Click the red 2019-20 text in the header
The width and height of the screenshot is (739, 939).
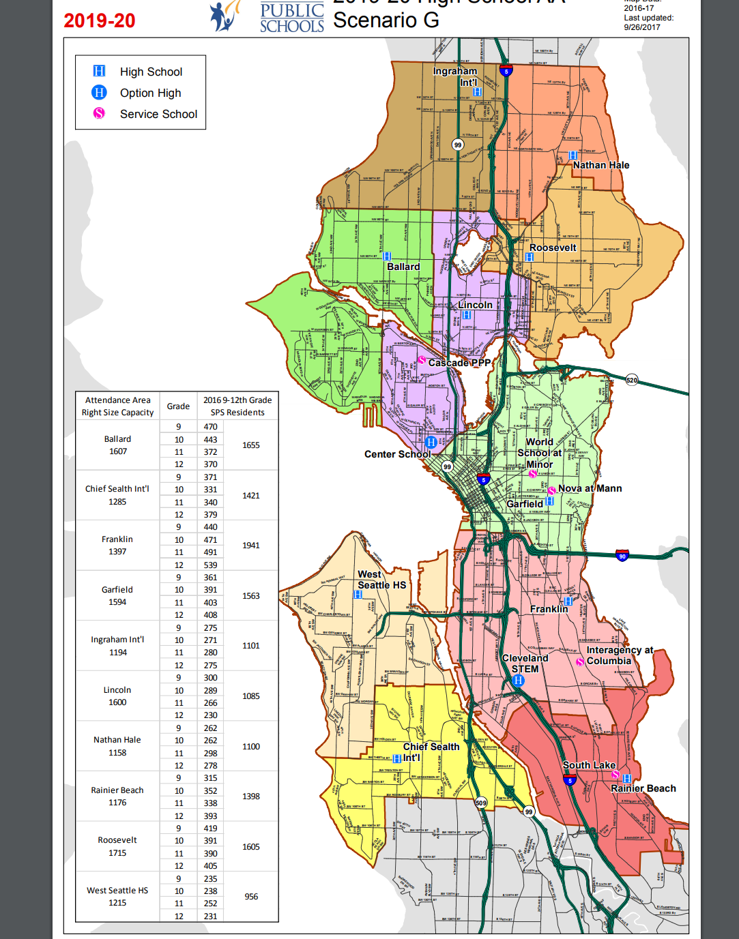(100, 21)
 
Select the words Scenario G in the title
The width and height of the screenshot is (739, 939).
(386, 20)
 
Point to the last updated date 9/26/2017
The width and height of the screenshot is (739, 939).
(641, 27)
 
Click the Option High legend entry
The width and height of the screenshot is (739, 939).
(150, 93)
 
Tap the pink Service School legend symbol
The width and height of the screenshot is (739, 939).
(99, 113)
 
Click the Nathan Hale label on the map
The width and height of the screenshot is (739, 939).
(600, 165)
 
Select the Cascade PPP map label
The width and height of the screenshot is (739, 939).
(459, 363)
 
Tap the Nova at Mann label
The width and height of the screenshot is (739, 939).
(590, 488)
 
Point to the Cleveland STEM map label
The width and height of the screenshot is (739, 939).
(525, 664)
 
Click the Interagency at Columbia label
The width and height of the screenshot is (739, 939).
(619, 655)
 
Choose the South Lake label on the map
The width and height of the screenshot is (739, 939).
(589, 765)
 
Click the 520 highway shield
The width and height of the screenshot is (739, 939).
(632, 380)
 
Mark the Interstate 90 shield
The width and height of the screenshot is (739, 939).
(622, 556)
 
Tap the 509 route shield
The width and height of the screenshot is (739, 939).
(481, 803)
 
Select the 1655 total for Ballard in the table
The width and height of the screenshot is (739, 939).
(250, 445)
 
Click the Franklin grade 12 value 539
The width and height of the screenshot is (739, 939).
(210, 565)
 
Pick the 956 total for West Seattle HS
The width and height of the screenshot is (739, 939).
(251, 897)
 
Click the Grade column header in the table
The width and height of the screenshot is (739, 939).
(178, 406)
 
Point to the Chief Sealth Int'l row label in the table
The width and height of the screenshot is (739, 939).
(117, 489)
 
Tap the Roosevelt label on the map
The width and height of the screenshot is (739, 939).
(553, 248)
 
